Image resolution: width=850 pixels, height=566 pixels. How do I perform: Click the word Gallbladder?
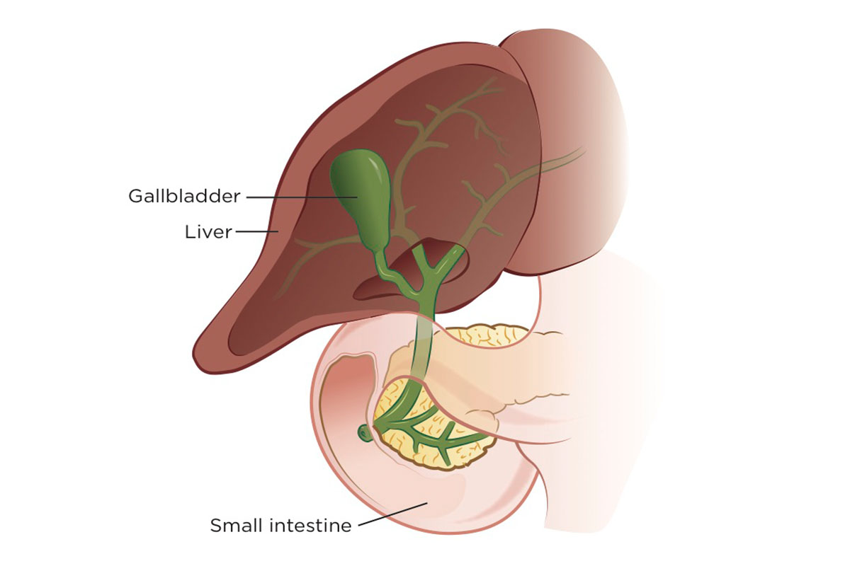pyautogui.click(x=184, y=196)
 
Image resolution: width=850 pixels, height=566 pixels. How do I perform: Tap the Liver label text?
pyautogui.click(x=208, y=232)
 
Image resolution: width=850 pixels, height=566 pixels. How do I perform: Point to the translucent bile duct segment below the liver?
pyautogui.click(x=424, y=340)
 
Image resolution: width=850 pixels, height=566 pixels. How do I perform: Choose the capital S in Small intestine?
pyautogui.click(x=215, y=526)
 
